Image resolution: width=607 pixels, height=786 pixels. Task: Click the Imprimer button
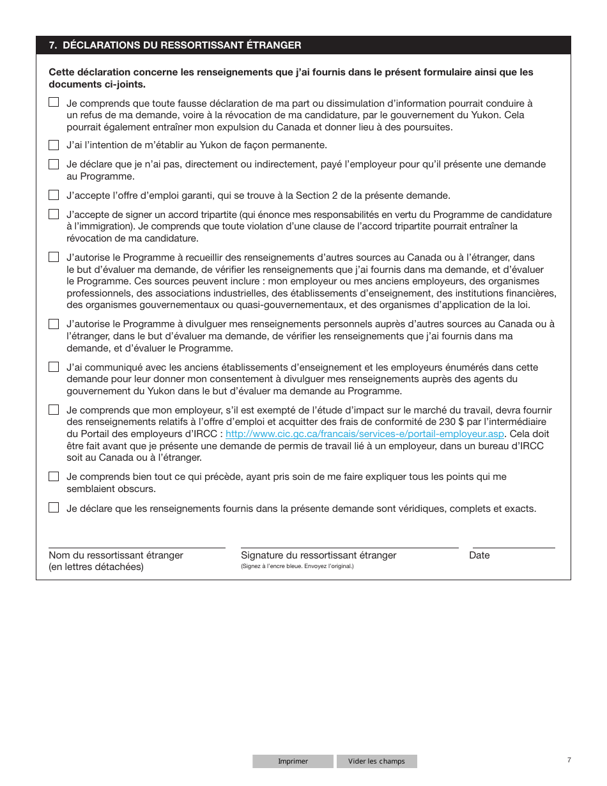pyautogui.click(x=293, y=761)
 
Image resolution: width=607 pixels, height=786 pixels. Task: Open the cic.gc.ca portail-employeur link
pyautogui.click(x=365, y=434)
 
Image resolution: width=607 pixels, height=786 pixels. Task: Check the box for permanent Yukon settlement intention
pyautogui.click(x=54, y=145)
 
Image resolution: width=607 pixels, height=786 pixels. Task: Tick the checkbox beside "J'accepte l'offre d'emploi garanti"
pyautogui.click(x=54, y=195)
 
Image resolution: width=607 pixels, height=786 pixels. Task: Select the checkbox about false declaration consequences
pyautogui.click(x=54, y=102)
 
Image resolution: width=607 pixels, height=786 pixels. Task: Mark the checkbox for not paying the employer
pyautogui.click(x=54, y=164)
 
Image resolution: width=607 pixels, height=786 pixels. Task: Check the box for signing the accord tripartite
pyautogui.click(x=54, y=214)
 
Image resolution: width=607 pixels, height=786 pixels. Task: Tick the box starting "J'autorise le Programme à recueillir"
pyautogui.click(x=54, y=257)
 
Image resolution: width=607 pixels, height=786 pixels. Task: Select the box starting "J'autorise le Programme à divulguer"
pyautogui.click(x=54, y=324)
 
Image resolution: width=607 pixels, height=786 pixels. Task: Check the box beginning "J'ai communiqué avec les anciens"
pyautogui.click(x=54, y=367)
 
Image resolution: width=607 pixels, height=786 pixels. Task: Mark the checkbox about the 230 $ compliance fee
pyautogui.click(x=54, y=410)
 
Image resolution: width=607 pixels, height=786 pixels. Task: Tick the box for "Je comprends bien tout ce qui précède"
pyautogui.click(x=54, y=477)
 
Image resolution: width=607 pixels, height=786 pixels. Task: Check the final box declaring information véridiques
pyautogui.click(x=54, y=508)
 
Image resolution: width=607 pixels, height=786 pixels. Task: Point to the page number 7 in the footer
pyautogui.click(x=569, y=760)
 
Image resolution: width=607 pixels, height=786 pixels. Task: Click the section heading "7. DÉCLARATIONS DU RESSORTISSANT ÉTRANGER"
pyautogui.click(x=175, y=45)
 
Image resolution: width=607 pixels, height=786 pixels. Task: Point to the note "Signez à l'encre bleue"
pyautogui.click(x=297, y=566)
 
